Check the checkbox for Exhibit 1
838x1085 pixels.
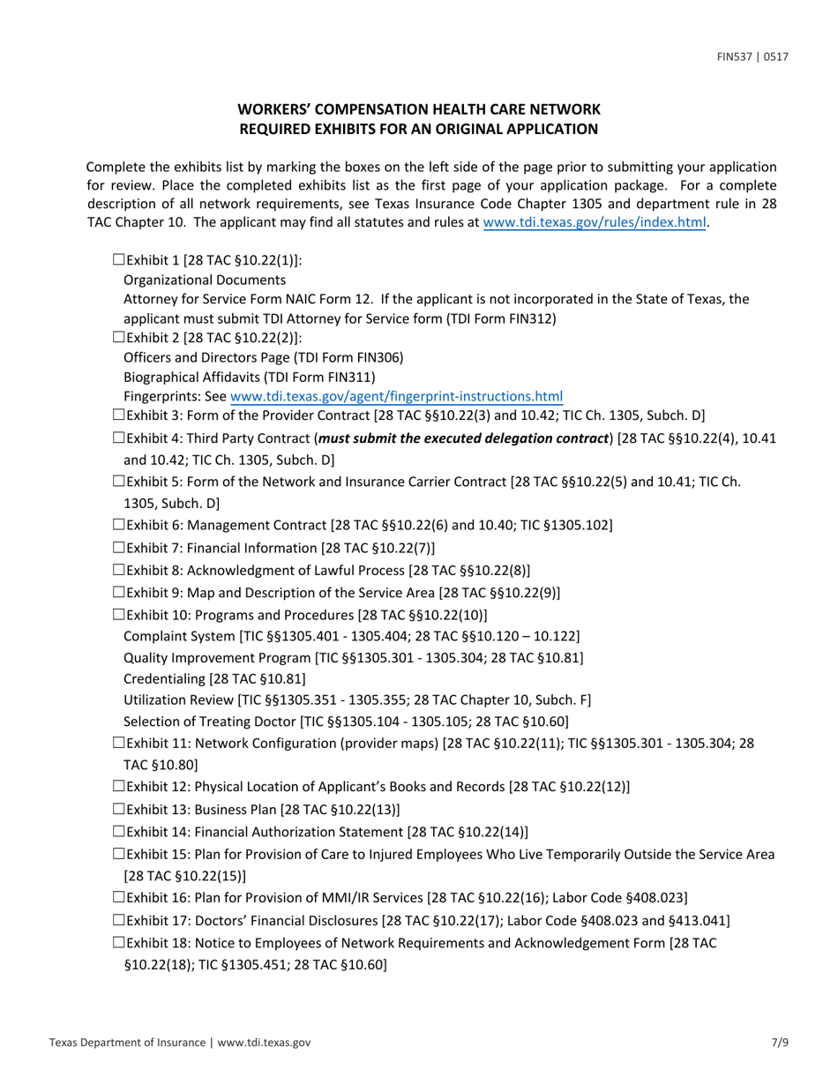(x=119, y=260)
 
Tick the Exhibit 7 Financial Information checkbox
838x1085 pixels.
(x=119, y=548)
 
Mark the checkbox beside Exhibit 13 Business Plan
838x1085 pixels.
(x=119, y=809)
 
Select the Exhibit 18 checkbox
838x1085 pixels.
(x=119, y=943)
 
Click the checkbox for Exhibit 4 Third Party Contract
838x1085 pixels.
(x=119, y=438)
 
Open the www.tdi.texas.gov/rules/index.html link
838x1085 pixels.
(x=595, y=223)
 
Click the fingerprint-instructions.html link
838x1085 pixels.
(x=396, y=397)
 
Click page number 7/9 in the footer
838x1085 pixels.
(x=779, y=1043)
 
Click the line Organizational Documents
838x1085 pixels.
(x=205, y=280)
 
